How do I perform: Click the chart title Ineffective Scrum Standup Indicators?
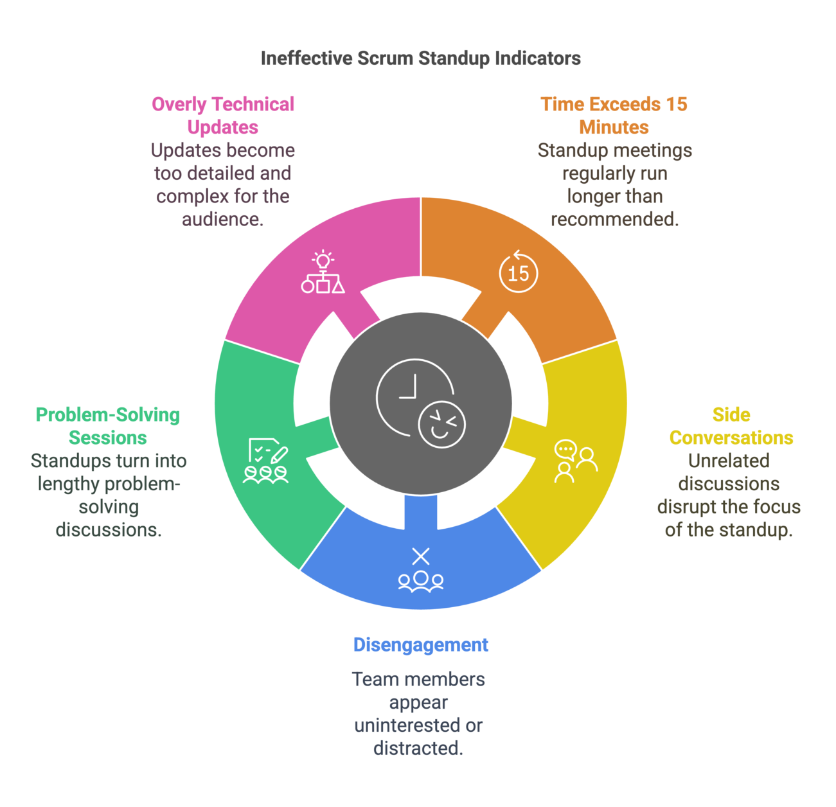click(x=421, y=58)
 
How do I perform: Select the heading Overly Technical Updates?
click(x=222, y=116)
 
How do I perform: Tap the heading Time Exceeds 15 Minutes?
click(x=614, y=116)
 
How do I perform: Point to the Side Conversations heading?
click(x=731, y=426)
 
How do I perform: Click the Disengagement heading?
click(x=421, y=644)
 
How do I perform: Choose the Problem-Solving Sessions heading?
click(x=108, y=426)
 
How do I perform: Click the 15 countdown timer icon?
click(x=518, y=271)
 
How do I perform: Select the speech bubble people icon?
click(x=576, y=461)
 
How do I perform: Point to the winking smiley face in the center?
click(x=441, y=424)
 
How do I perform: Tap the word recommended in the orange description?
click(x=615, y=219)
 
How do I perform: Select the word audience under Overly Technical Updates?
click(x=222, y=219)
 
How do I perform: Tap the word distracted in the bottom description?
click(x=418, y=749)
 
